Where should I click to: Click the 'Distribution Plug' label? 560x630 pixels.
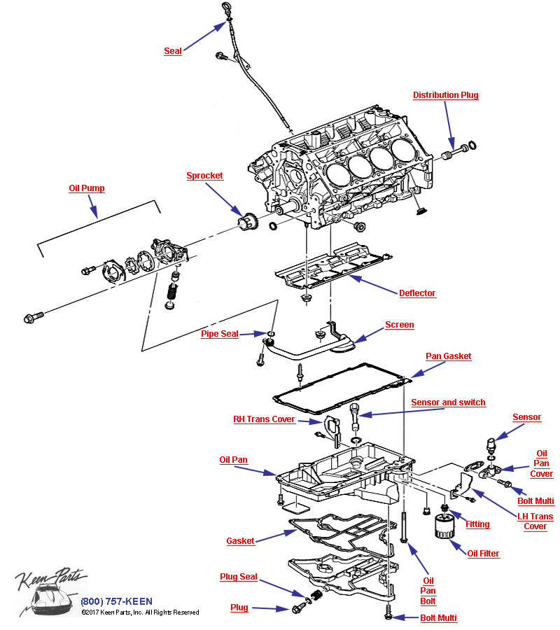(445, 95)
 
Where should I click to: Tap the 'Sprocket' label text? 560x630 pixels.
(204, 176)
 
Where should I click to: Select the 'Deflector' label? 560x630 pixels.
(417, 293)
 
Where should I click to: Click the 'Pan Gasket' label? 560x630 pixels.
(449, 356)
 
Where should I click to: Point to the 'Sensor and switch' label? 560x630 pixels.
(448, 402)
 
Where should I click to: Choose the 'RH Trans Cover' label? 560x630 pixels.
(264, 419)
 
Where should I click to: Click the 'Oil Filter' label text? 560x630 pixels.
(483, 554)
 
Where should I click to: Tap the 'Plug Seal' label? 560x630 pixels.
(239, 577)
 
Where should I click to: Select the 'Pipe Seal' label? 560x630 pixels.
(220, 334)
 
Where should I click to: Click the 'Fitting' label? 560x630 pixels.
(477, 524)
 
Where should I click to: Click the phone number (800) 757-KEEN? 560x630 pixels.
(116, 601)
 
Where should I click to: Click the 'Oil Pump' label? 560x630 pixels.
(86, 188)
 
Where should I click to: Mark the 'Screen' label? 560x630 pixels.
(399, 325)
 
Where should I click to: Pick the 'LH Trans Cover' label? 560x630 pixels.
(535, 521)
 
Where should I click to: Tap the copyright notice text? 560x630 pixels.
(140, 612)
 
